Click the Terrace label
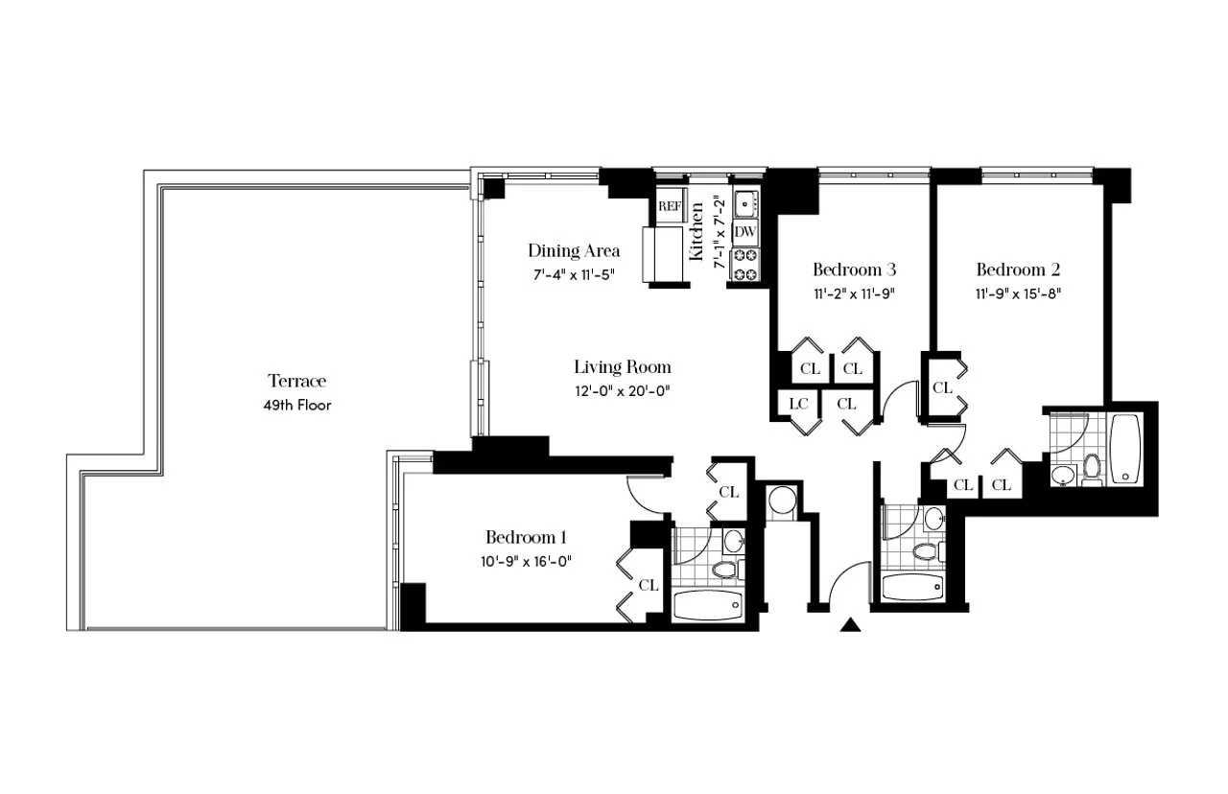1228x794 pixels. point(296,381)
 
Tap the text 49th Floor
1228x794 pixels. point(296,405)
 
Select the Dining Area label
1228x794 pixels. point(574,251)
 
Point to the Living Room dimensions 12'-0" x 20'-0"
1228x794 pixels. point(623,390)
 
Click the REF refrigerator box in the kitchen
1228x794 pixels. point(669,206)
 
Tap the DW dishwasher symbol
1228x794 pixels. point(745,232)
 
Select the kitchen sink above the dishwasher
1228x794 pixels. point(745,203)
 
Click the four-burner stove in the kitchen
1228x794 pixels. point(745,266)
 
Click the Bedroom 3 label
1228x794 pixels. point(854,269)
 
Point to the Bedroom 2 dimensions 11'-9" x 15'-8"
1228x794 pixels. point(1018,293)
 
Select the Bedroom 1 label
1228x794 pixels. point(527,537)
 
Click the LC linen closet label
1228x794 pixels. point(798,405)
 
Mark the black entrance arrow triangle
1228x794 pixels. point(849,626)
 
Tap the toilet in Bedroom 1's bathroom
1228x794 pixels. point(724,570)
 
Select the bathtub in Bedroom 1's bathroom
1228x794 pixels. point(707,606)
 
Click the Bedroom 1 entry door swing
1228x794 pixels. point(645,494)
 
